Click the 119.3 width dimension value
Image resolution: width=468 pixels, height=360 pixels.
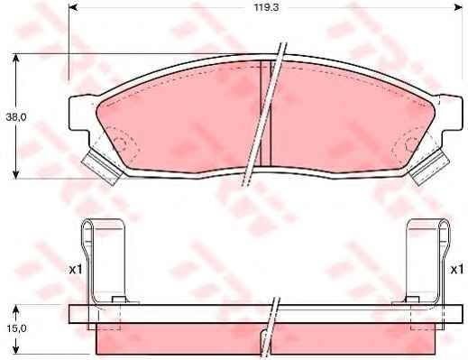pos(267,7)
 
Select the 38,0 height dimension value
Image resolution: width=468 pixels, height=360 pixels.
pos(16,117)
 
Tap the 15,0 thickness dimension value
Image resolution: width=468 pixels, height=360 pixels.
pos(16,328)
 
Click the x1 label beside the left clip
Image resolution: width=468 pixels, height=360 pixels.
pos(76,270)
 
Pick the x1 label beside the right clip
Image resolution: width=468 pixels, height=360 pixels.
pos(456,270)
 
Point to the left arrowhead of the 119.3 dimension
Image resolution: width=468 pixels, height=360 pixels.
pos(73,7)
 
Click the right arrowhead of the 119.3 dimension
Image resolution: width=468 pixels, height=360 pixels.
pos(458,7)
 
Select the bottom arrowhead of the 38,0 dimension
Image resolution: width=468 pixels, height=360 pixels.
pos(16,174)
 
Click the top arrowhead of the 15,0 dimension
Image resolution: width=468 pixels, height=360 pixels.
pos(16,309)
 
